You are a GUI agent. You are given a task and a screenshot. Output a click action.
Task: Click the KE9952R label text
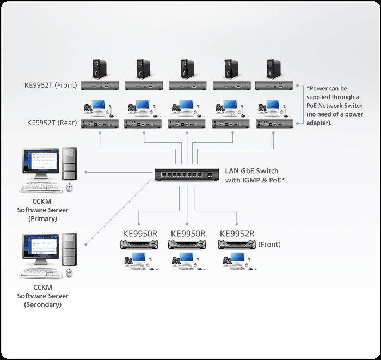(x=237, y=234)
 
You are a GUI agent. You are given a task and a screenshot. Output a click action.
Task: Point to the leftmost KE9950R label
(x=140, y=234)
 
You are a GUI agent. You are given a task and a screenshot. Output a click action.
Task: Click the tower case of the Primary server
(x=69, y=164)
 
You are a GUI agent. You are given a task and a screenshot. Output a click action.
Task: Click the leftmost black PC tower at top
(x=100, y=69)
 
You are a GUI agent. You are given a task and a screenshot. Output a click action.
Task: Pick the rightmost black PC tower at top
(x=273, y=69)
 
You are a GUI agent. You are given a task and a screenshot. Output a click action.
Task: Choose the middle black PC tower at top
(x=187, y=69)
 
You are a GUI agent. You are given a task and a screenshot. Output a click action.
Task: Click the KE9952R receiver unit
(x=236, y=245)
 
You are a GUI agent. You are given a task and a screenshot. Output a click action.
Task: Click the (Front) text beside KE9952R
(x=269, y=245)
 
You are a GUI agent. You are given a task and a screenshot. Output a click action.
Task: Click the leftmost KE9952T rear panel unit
(x=100, y=124)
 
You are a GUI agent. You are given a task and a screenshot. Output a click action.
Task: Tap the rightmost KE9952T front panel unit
(x=274, y=86)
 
